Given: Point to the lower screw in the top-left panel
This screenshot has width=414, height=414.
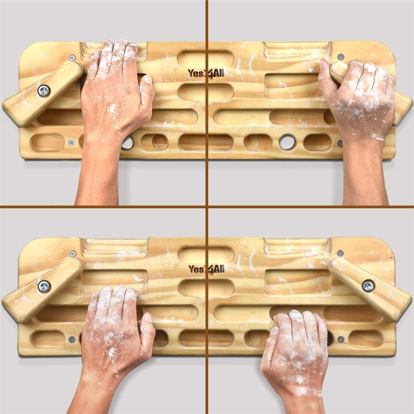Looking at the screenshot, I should click(71, 142).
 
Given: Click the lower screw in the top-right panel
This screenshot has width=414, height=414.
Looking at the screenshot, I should click(340, 142).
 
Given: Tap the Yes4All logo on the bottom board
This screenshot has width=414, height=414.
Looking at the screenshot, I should click(206, 269).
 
